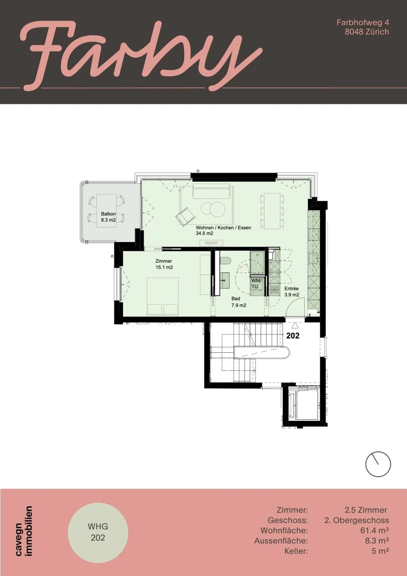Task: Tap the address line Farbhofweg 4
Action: coord(363,22)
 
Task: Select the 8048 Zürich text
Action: coord(367,32)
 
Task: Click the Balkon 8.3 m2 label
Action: coord(108,217)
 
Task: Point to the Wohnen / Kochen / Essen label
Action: coord(223,230)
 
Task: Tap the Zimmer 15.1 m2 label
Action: coord(164,264)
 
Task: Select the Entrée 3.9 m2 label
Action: coord(291,292)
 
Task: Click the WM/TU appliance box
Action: coord(256,284)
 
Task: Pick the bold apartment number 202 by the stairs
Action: coord(293,336)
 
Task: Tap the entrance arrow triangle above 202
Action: coord(295,325)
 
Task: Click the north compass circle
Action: coord(378,464)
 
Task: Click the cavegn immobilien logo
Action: coord(24,531)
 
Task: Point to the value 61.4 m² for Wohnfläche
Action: coord(374,530)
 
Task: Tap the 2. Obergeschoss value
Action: coord(356,520)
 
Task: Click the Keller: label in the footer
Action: coord(296,551)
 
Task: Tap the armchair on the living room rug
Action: coord(185,217)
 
